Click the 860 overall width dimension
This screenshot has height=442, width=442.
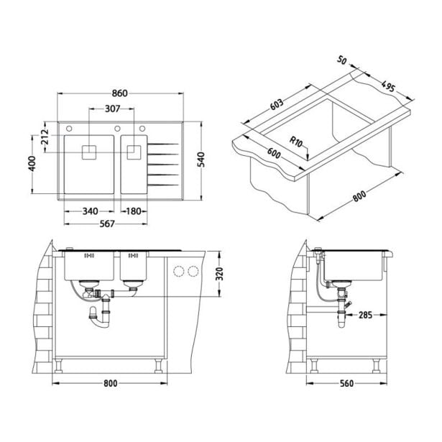pos(120,93)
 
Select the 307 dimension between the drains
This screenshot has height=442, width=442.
pos(113,109)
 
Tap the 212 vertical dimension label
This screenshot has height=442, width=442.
pos(45,137)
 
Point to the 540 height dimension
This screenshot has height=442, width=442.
pos(201,160)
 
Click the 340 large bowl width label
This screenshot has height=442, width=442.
pos(91,211)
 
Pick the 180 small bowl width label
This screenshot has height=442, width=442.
pos(134,211)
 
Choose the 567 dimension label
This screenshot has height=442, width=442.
pos(107,224)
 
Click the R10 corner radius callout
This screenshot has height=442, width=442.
pos(295,142)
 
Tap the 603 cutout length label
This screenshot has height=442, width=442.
pos(277,105)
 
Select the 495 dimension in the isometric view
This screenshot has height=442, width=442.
pos(388,86)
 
